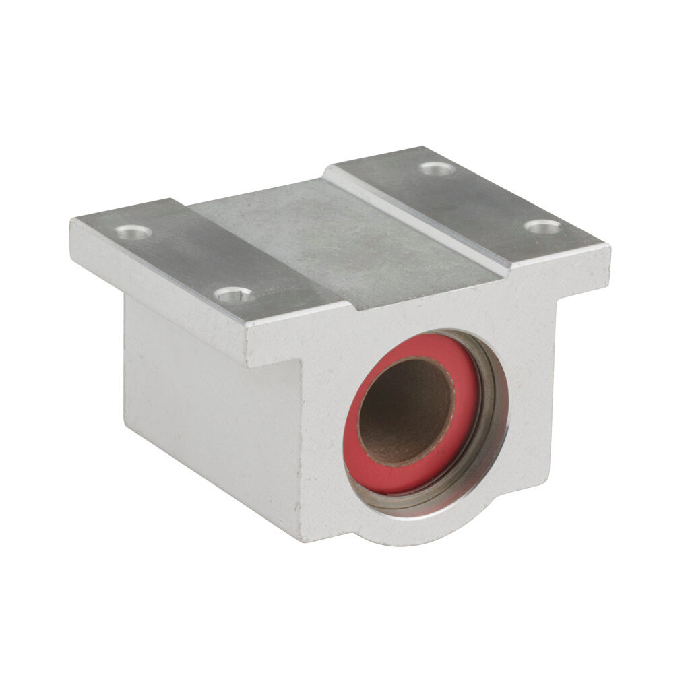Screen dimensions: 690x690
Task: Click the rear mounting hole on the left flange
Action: pos(133,232)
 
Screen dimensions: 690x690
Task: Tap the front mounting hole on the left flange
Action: pos(234,294)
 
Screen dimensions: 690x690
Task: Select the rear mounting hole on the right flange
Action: pos(437,168)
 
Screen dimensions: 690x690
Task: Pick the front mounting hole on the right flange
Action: pos(543,227)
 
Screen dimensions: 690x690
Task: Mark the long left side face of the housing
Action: pos(209,411)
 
